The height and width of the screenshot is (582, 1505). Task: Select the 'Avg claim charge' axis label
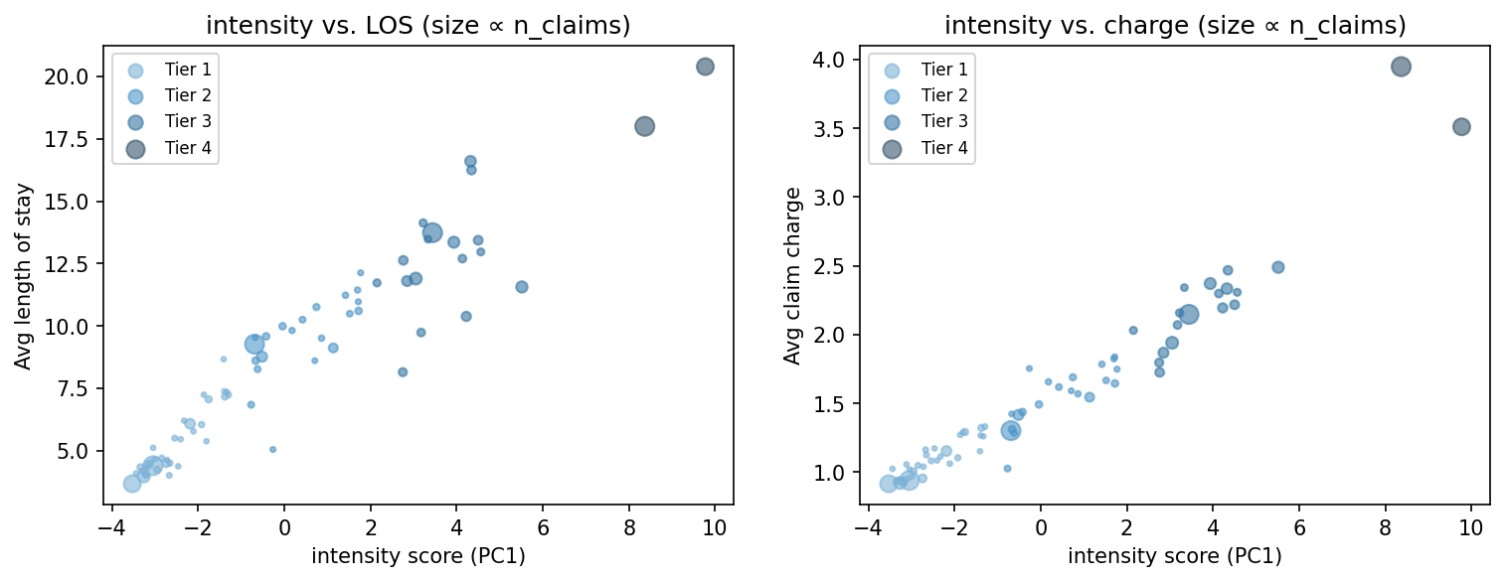791,276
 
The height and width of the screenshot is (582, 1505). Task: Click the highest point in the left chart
705,67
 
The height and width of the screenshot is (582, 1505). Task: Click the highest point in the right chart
1401,67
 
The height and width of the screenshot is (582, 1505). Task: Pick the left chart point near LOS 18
644,126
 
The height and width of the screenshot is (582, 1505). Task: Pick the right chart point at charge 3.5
1461,127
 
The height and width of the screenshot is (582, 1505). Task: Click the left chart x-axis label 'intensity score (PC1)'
418,556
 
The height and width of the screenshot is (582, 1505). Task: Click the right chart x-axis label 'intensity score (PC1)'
1174,556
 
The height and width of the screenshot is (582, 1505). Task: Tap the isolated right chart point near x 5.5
1277,267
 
